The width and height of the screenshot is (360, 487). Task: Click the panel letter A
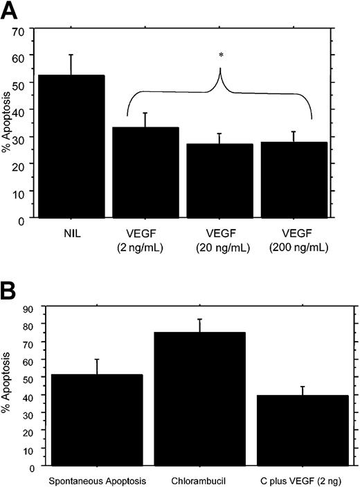pos(12,12)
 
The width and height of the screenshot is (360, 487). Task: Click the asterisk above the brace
pos(220,53)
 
